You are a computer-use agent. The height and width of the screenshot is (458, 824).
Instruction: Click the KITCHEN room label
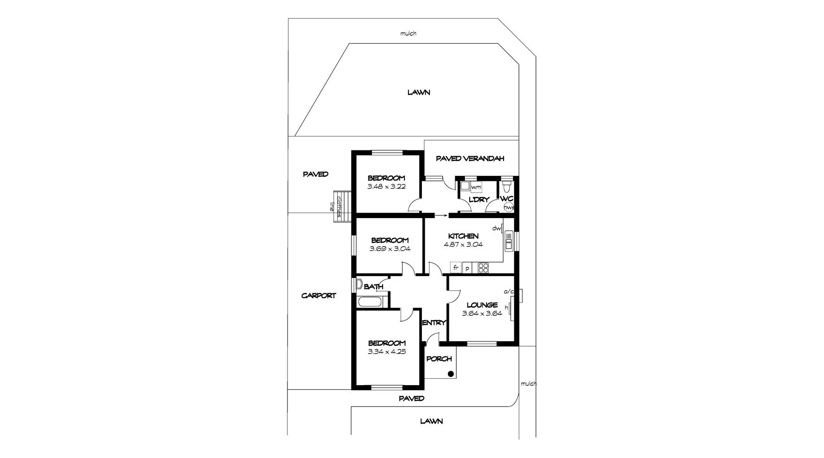(x=463, y=236)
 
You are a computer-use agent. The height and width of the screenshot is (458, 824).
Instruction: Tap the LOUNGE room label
(x=482, y=305)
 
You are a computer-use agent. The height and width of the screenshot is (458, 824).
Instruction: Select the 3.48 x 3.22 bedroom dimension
(x=386, y=187)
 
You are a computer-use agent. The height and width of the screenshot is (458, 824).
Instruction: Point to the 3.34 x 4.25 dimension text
(x=386, y=352)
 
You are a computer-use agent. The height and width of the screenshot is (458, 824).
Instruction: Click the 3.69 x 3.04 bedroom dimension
(x=390, y=249)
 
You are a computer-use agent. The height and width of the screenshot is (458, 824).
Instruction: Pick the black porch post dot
(x=450, y=374)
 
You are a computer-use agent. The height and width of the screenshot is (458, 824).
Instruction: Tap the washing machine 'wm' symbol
(x=476, y=187)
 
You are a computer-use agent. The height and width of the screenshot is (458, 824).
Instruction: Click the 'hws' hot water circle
(x=509, y=207)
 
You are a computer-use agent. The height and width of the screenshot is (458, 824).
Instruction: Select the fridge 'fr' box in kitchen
(x=456, y=268)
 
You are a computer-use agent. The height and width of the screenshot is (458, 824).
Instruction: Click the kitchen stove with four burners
(x=483, y=268)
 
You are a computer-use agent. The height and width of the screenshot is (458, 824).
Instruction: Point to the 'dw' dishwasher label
(x=496, y=228)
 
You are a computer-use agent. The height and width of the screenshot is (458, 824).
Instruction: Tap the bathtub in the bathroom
(x=370, y=302)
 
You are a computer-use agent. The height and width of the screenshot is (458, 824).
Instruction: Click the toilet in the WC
(x=507, y=187)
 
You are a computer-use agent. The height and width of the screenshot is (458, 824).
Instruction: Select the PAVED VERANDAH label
(x=470, y=159)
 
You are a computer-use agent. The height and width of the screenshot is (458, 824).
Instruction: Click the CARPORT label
(x=319, y=296)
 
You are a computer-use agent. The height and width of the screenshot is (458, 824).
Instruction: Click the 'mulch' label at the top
(x=408, y=33)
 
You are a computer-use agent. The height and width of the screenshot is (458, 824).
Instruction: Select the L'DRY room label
(x=479, y=200)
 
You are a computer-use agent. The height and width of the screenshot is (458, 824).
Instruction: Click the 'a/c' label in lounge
(x=509, y=291)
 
